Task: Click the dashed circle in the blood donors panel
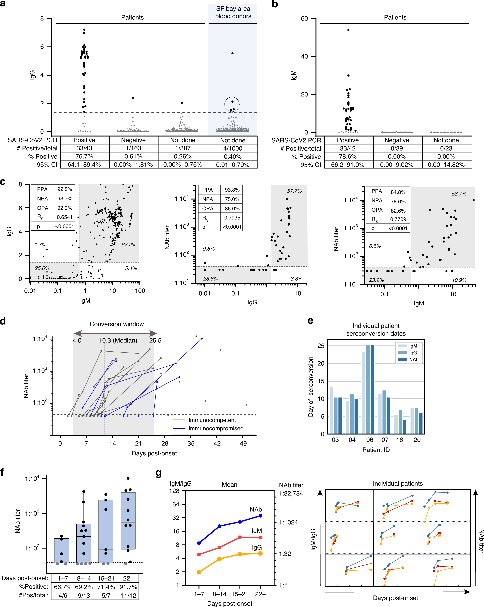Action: click(232, 104)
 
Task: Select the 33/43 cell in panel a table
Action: click(84, 148)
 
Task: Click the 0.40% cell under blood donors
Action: click(233, 156)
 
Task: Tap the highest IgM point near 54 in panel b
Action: click(348, 30)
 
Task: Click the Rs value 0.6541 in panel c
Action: click(64, 217)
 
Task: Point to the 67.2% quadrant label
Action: click(129, 244)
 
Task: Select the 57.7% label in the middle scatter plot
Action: click(294, 191)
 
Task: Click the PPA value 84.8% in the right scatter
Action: click(398, 192)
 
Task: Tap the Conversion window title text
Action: click(117, 324)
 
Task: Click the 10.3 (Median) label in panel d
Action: click(118, 340)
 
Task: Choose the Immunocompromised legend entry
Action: click(216, 428)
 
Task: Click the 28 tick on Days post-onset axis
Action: click(165, 443)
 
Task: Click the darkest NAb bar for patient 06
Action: click(372, 388)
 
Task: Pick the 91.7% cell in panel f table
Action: click(128, 587)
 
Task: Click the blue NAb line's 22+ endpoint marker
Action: click(260, 516)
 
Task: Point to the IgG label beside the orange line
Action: click(257, 547)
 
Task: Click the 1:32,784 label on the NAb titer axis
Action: click(291, 493)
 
